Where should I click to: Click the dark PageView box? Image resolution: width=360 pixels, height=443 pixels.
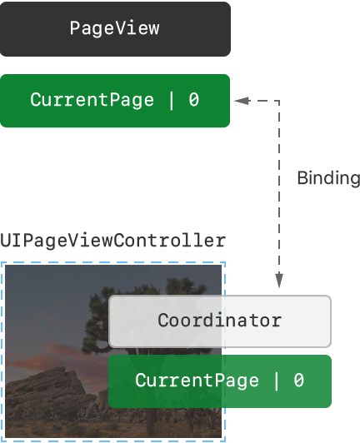115,29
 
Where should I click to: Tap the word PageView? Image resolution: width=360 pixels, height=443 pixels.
114,28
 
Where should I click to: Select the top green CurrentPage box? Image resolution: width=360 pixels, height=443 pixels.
115,101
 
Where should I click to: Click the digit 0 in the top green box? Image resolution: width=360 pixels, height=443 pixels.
194,100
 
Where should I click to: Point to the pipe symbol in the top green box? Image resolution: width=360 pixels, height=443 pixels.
171,100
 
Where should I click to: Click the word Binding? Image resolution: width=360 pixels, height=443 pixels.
328,179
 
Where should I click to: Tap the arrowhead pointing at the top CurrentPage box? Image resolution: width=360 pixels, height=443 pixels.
242,101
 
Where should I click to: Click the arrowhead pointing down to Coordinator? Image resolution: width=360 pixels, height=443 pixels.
279,281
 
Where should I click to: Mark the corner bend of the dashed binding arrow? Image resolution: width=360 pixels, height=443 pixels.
279,101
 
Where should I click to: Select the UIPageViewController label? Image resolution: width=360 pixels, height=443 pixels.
112,241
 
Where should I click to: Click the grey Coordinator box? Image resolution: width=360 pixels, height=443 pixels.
220,321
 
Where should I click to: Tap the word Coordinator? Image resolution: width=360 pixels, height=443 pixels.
219,320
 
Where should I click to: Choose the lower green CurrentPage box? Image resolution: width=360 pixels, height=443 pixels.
220,381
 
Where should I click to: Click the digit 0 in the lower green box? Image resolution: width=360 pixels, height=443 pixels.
298,380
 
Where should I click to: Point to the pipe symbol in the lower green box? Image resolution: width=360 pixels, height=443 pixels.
276,381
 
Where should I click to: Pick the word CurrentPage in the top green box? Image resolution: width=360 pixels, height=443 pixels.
92,100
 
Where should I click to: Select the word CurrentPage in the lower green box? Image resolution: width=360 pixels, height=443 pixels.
197,381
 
